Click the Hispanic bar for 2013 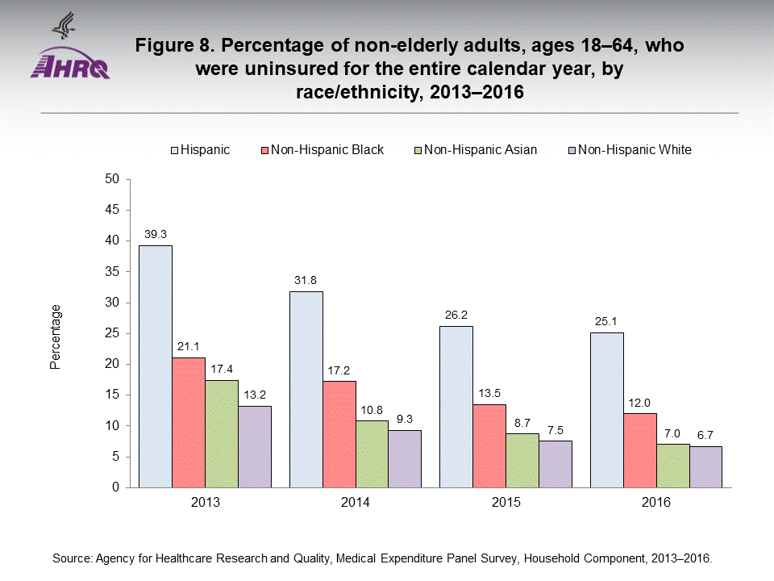click(x=155, y=366)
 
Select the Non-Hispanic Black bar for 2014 click(x=339, y=434)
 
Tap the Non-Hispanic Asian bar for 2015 click(x=522, y=460)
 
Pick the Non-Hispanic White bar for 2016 click(x=705, y=466)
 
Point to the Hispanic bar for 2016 click(x=606, y=410)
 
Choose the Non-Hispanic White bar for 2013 click(x=254, y=446)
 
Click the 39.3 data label click(x=155, y=235)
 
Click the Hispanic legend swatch click(x=174, y=150)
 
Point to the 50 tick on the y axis click(x=113, y=179)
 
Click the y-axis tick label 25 click(x=113, y=333)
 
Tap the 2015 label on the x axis click(x=506, y=502)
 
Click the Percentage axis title click(x=56, y=336)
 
